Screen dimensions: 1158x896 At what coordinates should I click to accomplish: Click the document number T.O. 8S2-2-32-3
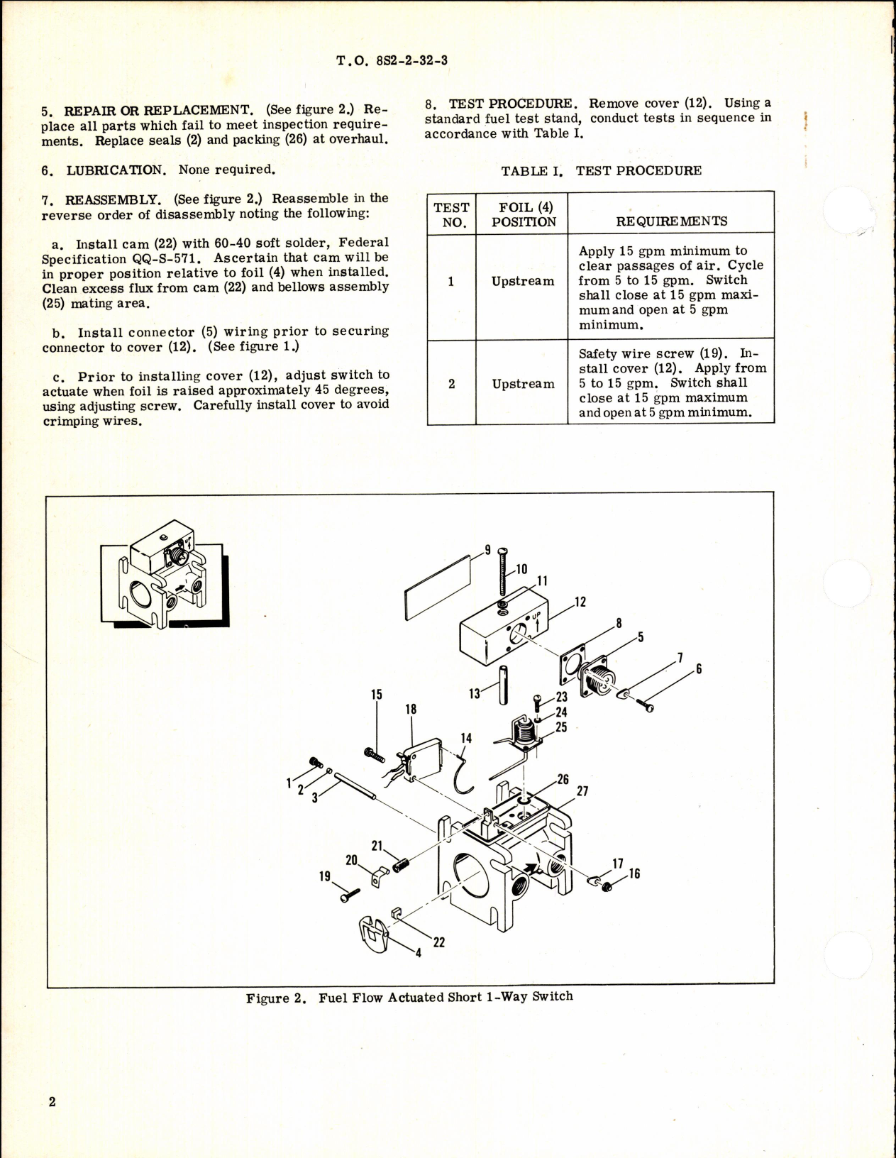point(392,60)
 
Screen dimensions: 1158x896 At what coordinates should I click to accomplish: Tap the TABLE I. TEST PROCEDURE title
point(601,171)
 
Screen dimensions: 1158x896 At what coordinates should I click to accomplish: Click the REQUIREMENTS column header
point(671,221)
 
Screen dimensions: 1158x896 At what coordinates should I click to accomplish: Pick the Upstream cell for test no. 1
point(523,281)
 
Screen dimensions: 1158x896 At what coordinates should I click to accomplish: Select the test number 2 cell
point(451,383)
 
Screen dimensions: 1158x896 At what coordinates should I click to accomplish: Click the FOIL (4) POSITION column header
point(523,214)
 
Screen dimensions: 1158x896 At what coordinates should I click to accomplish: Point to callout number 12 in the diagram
point(580,603)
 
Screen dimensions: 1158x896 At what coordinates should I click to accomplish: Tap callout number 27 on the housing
point(581,791)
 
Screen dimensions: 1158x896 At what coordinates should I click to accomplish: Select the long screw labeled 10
point(502,575)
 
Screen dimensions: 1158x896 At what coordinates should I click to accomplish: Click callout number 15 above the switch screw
point(376,694)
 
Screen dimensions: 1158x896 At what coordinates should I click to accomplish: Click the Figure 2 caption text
point(409,997)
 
